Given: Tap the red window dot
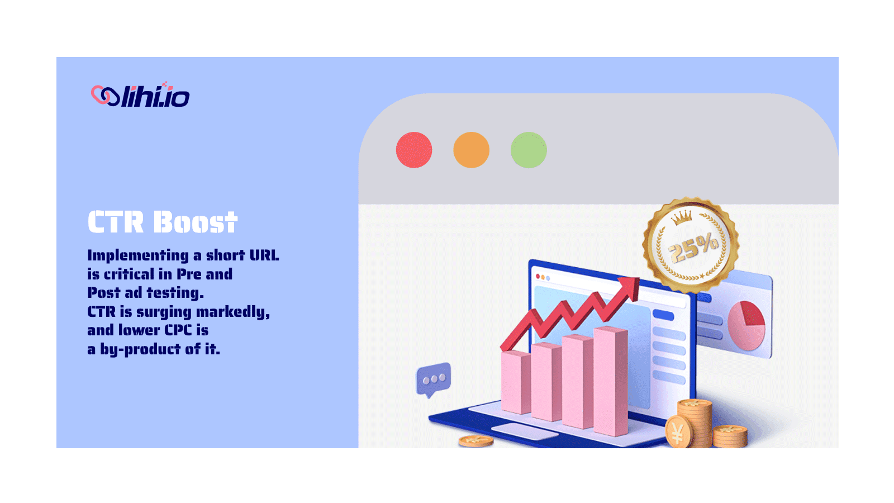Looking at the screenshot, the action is coord(414,150).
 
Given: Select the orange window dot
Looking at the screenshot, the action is coord(472,150).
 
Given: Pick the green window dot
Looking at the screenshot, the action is coord(529,150).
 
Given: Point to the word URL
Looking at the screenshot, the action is coord(264,255).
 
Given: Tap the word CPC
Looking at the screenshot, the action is coord(178,330).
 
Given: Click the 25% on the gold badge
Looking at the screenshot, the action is coord(694,248).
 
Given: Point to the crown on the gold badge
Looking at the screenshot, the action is coord(681,217).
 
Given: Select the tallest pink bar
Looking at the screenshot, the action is coord(610,381).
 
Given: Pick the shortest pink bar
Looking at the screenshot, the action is coord(516,382).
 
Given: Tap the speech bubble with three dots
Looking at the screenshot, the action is coord(434,379).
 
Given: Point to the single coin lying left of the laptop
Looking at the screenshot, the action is coord(475,441).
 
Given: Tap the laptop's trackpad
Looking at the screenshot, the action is coord(524,431).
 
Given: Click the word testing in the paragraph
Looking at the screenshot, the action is coord(175,293).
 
